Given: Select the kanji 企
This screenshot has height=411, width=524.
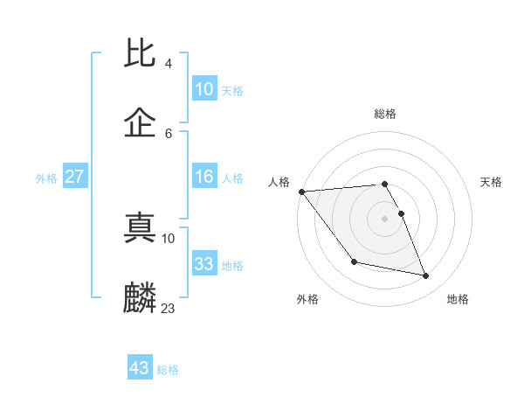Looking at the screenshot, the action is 140,122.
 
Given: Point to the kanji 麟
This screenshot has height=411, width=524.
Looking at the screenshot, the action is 140,297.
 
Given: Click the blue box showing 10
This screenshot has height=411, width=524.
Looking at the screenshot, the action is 203,89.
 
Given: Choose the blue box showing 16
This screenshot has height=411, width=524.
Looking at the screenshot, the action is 203,177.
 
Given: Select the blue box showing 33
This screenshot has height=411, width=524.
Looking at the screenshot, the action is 203,264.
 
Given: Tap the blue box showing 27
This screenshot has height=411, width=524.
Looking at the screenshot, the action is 74,177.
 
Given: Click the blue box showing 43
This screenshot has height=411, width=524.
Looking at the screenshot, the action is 139,368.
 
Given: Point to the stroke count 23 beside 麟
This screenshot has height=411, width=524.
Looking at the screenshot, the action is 169,308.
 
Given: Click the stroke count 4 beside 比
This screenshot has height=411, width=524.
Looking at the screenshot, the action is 168,64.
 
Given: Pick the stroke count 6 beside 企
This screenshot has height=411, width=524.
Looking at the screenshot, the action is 169,133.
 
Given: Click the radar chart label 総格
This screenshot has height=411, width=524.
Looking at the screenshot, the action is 385,114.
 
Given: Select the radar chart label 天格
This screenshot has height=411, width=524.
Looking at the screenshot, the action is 492,182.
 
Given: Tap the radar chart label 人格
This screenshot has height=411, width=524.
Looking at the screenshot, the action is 279,182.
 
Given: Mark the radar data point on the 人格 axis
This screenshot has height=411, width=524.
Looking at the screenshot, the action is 301,192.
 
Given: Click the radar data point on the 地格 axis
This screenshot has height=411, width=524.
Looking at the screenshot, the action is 426,275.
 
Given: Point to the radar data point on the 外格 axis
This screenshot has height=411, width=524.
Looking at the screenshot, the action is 354,261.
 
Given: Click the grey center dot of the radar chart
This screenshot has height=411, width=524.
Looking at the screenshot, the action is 385,218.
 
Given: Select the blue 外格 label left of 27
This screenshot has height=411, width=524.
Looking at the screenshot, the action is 46,178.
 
